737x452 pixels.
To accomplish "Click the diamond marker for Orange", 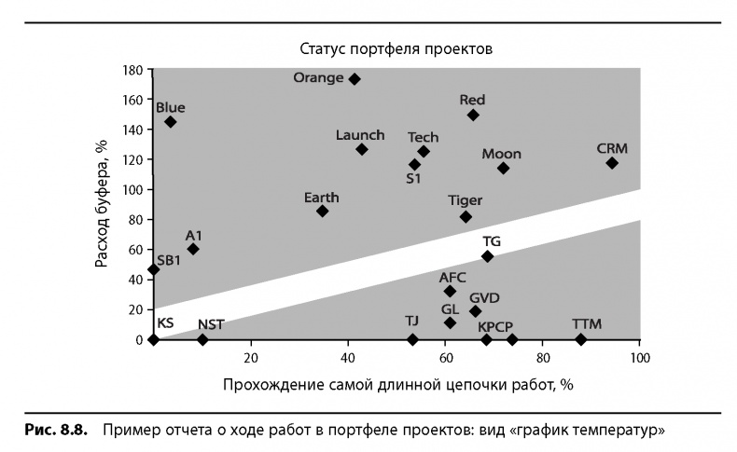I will (355, 79).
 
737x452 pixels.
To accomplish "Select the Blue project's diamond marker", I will (170, 122).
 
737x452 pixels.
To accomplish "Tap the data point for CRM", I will (612, 163).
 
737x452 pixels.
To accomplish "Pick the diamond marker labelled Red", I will (473, 115).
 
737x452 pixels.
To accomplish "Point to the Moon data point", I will (503, 169).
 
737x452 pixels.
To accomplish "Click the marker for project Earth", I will (322, 212).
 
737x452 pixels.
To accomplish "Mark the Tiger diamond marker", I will (466, 217).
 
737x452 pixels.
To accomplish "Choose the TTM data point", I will (581, 339).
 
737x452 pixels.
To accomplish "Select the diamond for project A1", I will (193, 249).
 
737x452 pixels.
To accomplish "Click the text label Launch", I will (359, 135).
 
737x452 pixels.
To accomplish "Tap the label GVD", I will (484, 298).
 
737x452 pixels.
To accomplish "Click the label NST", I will (210, 324).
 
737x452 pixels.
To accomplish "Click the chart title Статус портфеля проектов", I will (396, 48).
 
